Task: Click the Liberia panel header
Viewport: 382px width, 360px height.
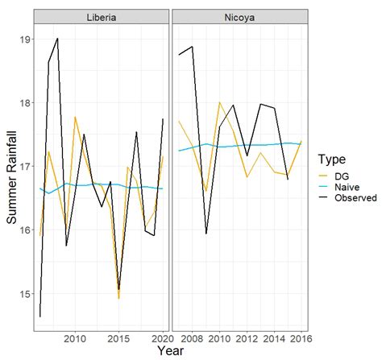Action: tap(101, 18)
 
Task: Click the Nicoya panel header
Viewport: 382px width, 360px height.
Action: tap(239, 18)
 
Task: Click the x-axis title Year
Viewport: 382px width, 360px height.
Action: tap(170, 350)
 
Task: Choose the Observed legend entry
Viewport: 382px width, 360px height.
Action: tap(353, 197)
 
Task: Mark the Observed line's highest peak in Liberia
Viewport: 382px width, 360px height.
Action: tap(57, 39)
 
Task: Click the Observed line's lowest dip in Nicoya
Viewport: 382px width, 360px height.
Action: tap(206, 234)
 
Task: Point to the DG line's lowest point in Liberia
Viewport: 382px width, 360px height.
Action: tap(118, 298)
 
